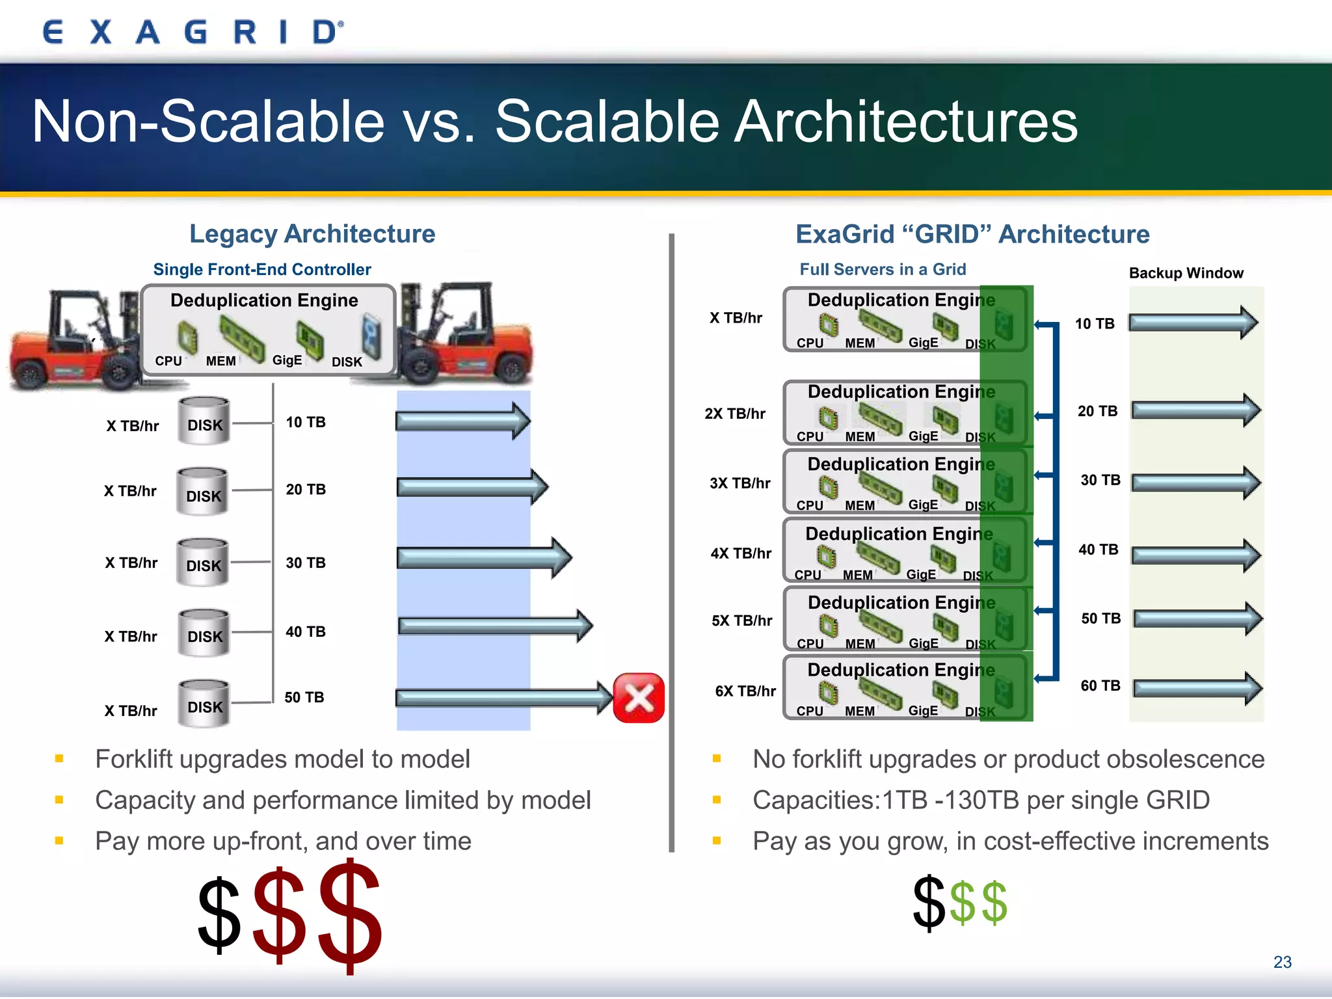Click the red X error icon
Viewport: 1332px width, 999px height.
pyautogui.click(x=639, y=698)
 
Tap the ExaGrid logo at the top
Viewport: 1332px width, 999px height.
pyautogui.click(x=193, y=32)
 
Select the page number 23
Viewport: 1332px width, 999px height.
pyautogui.click(x=1282, y=962)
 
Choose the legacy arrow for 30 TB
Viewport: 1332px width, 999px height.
pyautogui.click(x=484, y=557)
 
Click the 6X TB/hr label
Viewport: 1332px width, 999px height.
pyautogui.click(x=745, y=691)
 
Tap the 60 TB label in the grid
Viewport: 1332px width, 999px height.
pyautogui.click(x=1100, y=686)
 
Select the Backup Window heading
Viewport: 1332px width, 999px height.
pyautogui.click(x=1186, y=273)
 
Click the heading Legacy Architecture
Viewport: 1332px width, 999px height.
pyautogui.click(x=312, y=234)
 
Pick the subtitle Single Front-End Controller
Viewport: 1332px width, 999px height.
pyautogui.click(x=262, y=269)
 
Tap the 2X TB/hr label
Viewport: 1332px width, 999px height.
pyautogui.click(x=735, y=414)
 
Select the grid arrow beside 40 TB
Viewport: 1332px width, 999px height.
pyautogui.click(x=1196, y=555)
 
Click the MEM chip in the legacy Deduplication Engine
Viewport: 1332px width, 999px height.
pyautogui.click(x=241, y=338)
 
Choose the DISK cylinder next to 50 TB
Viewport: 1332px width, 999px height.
pyautogui.click(x=204, y=703)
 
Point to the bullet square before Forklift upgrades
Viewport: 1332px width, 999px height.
pyautogui.click(x=59, y=758)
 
